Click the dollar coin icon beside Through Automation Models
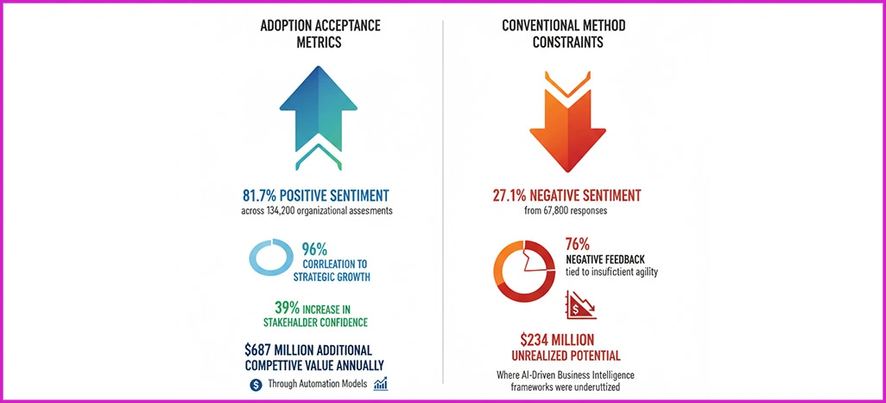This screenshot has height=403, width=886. (x=256, y=384)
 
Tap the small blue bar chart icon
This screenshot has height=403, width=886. (x=381, y=383)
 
